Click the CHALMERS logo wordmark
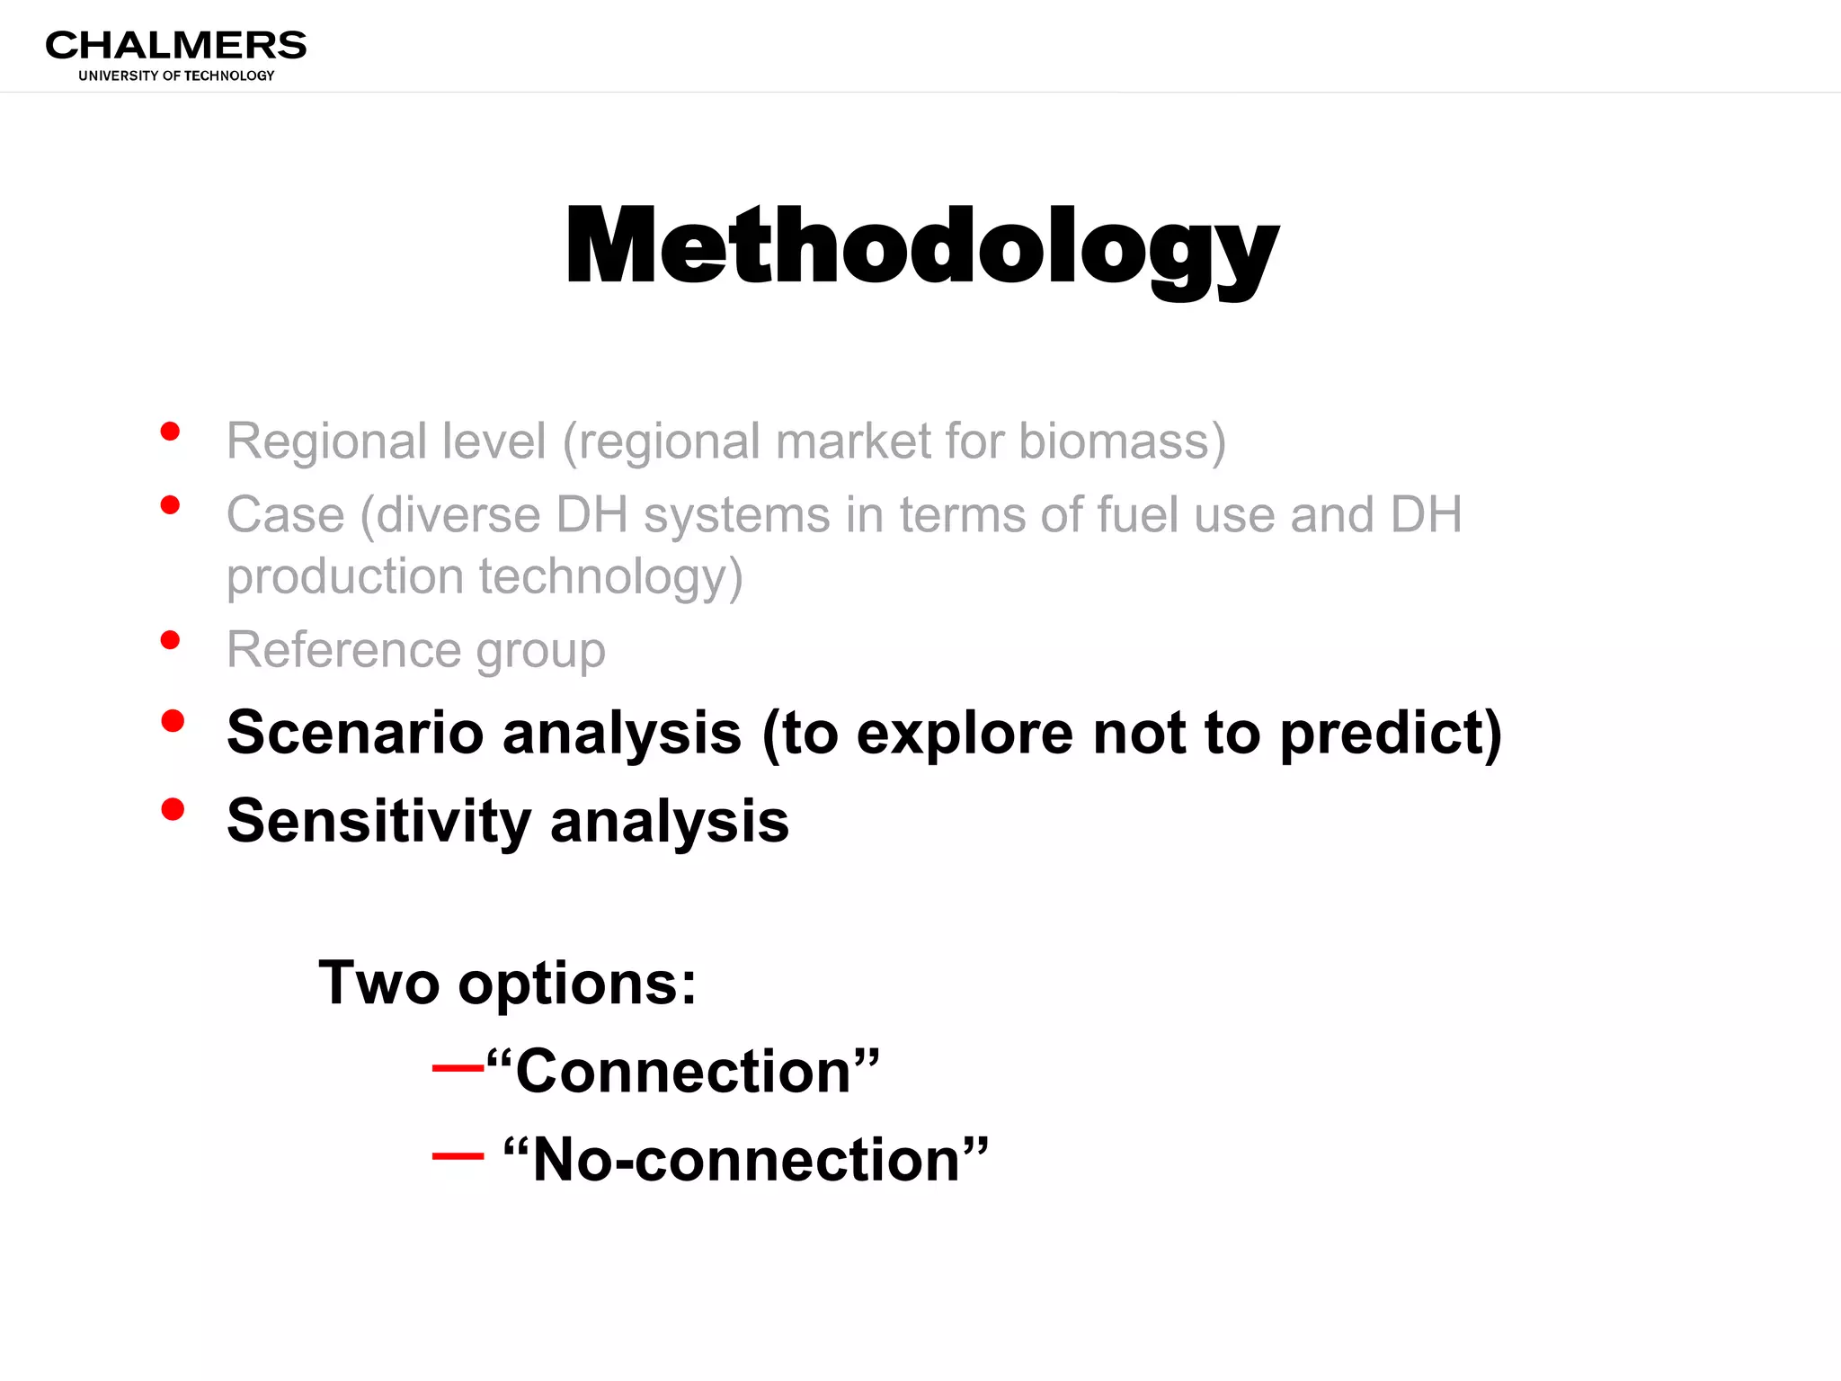pos(176,45)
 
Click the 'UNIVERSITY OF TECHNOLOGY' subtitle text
pos(176,76)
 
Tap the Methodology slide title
pos(920,246)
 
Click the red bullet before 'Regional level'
pos(170,432)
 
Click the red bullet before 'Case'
pos(170,505)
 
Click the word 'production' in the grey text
pos(344,577)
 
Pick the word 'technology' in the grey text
pos(610,577)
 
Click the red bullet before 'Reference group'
pos(170,640)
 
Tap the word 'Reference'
pos(342,649)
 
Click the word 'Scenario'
pos(355,732)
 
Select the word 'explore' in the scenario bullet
pos(965,734)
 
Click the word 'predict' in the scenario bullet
pos(1389,734)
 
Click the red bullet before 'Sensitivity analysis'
pos(173,809)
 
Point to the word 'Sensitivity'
pos(378,822)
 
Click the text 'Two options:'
pos(508,983)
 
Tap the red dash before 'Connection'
pos(458,1068)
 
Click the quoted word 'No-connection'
pos(745,1160)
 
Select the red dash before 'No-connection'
pos(458,1156)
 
